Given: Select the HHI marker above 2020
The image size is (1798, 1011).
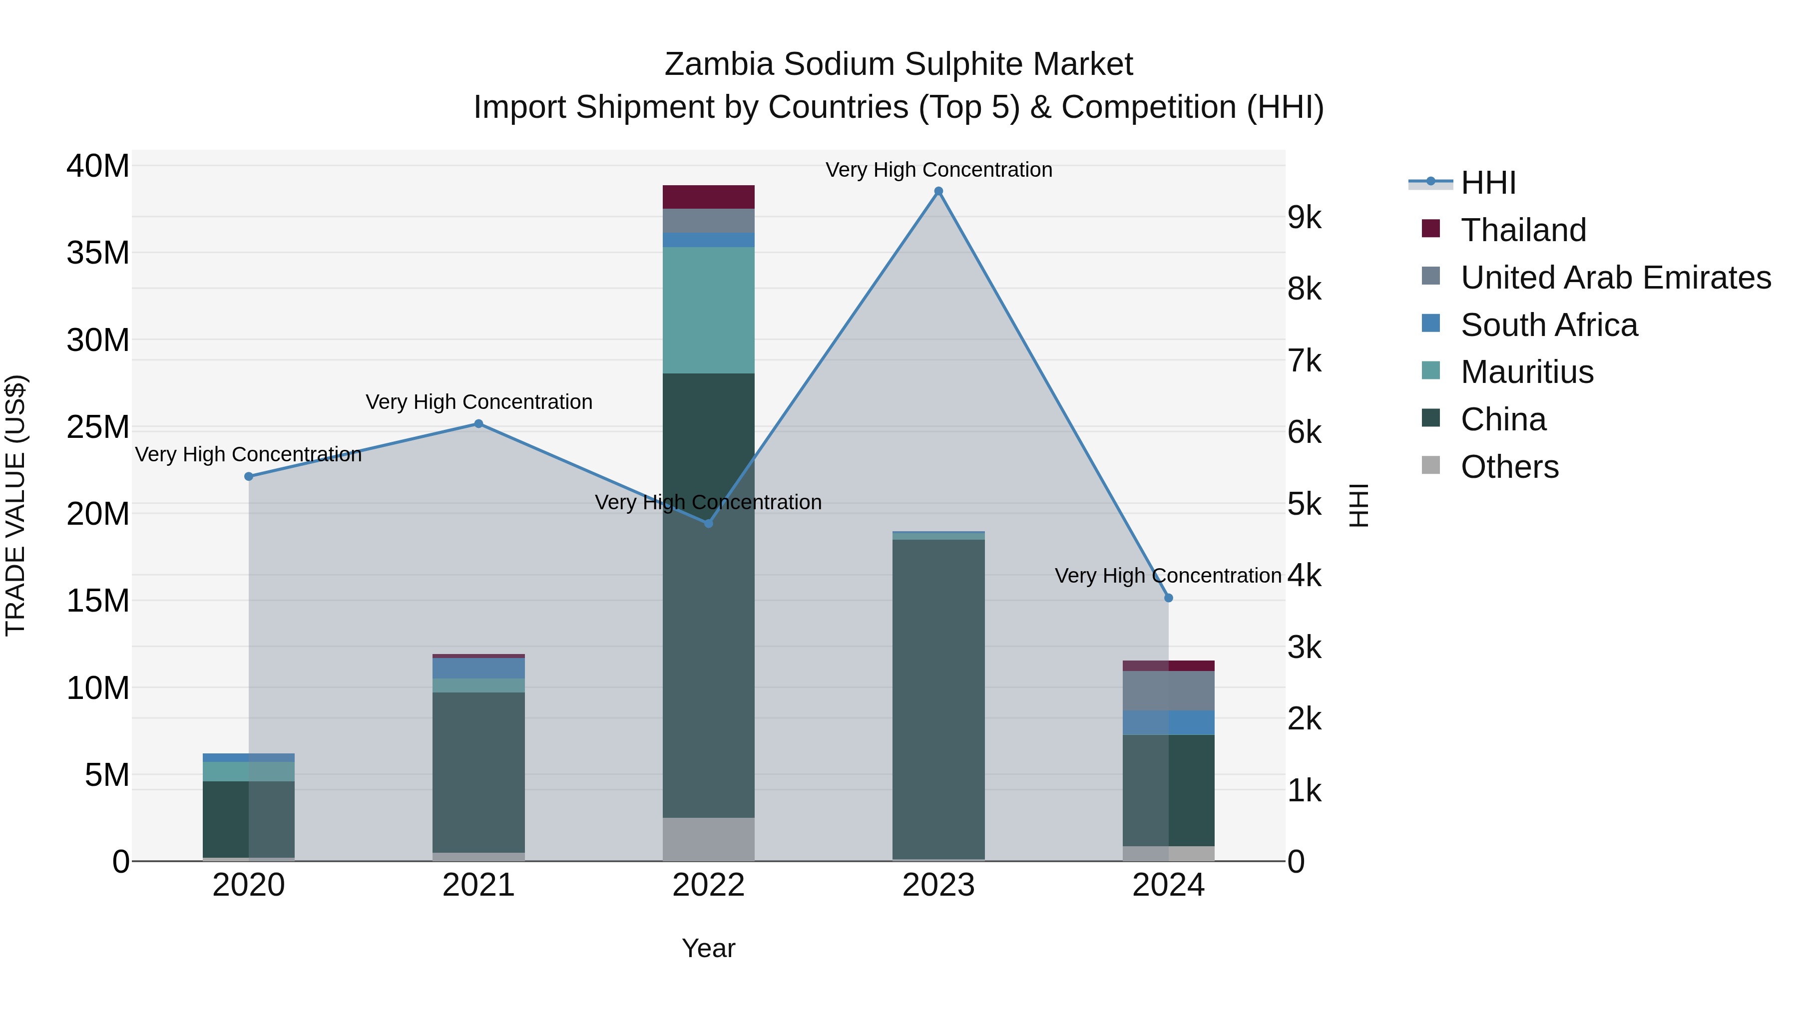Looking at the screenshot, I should pos(249,477).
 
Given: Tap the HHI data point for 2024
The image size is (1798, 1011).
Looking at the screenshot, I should pos(1168,598).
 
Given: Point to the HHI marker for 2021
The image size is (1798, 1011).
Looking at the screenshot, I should pos(479,423).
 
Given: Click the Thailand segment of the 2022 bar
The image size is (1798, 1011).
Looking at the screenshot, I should pos(708,197).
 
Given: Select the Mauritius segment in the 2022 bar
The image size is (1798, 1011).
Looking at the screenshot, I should pos(708,311).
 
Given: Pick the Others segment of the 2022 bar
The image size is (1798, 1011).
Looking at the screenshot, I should pos(708,839).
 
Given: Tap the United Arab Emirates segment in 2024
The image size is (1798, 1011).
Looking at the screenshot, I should pos(1168,691).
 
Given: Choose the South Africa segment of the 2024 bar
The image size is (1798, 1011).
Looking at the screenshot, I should pos(1168,723).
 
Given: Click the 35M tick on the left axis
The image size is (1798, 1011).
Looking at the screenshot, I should pos(98,253).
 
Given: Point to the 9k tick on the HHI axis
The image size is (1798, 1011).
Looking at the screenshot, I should pos(1305,218).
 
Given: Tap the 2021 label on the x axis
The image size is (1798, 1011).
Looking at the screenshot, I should pos(479,885).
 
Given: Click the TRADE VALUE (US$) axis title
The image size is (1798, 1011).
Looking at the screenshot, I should pos(15,505).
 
